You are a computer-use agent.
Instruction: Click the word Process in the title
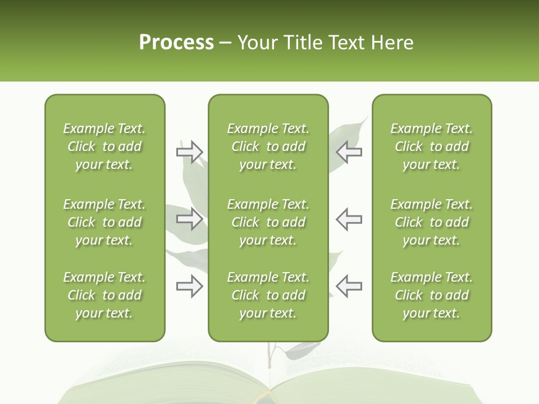click(176, 43)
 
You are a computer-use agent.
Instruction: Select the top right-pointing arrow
click(189, 152)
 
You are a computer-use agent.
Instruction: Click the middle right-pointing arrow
click(189, 219)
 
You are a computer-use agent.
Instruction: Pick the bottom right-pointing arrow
click(189, 286)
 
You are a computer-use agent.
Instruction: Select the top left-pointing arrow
click(349, 152)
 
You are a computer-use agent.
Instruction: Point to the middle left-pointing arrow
click(349, 219)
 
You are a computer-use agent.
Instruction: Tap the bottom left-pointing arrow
click(349, 286)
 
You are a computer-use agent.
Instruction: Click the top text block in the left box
click(104, 146)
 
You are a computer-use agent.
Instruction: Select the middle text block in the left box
click(104, 222)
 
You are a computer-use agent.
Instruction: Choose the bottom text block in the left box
click(104, 295)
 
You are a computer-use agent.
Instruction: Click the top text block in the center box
click(268, 146)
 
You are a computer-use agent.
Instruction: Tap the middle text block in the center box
click(268, 222)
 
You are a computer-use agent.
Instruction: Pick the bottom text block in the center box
click(268, 295)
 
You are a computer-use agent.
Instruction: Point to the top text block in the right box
click(432, 146)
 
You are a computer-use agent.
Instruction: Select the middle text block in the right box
click(432, 222)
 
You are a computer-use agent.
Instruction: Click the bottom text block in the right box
click(432, 295)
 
